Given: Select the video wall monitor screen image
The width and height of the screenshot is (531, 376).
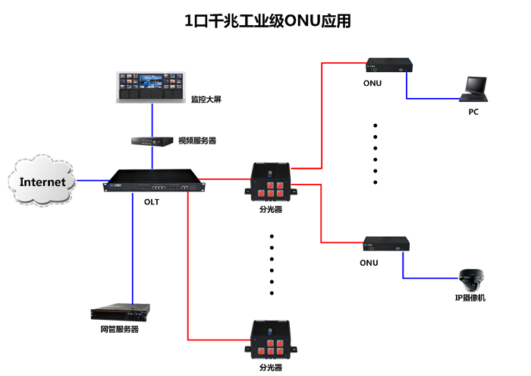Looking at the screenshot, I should tap(151, 87).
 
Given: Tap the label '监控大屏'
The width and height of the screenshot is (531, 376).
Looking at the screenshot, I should tap(206, 99).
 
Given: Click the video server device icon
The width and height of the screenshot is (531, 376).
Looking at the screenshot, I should tap(152, 141).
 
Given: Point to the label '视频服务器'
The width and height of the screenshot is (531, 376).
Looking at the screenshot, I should tap(197, 141).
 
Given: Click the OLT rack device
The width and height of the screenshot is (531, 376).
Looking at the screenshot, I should tap(156, 182).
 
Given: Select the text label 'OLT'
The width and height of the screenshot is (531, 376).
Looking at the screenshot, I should tap(152, 202).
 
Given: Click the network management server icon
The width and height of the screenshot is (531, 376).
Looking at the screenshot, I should tap(120, 312).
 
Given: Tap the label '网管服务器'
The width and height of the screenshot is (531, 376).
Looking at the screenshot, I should tap(120, 330).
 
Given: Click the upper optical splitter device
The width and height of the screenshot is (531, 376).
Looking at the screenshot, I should tap(271, 182).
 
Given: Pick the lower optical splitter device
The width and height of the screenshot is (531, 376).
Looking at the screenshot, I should tap(271, 340).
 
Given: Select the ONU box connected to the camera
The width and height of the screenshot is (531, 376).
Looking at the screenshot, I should tap(387, 244).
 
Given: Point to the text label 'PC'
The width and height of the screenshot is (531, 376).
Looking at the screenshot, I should tap(473, 112).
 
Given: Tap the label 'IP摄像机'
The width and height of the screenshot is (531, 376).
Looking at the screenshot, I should tap(470, 299).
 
